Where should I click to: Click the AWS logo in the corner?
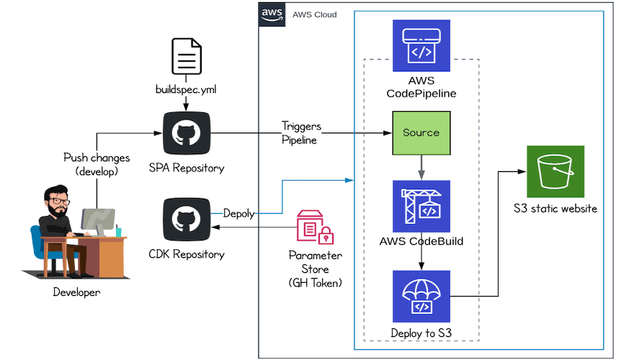pyautogui.click(x=272, y=14)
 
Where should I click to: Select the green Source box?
pyautogui.click(x=421, y=132)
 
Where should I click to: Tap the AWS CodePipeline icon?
pyautogui.click(x=421, y=45)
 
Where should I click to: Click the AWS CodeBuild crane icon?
pyautogui.click(x=421, y=205)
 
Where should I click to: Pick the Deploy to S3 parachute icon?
pyautogui.click(x=421, y=296)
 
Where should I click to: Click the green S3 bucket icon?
pyautogui.click(x=555, y=171)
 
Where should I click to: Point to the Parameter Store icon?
pyautogui.click(x=314, y=228)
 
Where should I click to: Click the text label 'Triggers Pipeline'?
pyautogui.click(x=300, y=133)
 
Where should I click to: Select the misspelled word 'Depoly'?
pyautogui.click(x=238, y=214)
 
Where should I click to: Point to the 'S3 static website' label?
pyautogui.click(x=555, y=210)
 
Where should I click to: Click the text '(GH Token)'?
pyautogui.click(x=316, y=283)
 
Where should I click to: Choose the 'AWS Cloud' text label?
pyautogui.click(x=314, y=14)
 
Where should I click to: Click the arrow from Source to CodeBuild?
pyautogui.click(x=421, y=167)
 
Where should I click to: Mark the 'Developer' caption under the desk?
pyautogui.click(x=76, y=292)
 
